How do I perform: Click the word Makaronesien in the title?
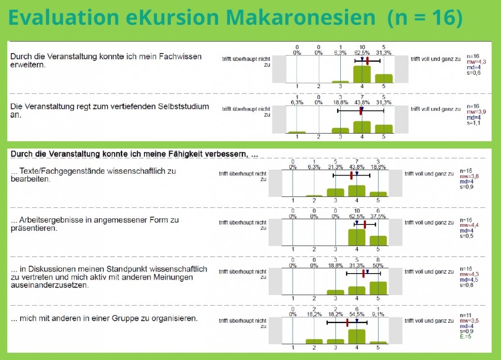pos(300,17)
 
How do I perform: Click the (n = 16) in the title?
pos(424,18)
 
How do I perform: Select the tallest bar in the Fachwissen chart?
pos(362,74)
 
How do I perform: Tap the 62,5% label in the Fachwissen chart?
pos(362,53)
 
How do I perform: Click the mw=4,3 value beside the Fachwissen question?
pos(476,62)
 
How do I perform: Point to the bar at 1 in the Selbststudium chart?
pos(297,132)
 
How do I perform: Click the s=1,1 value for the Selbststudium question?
pos(474,123)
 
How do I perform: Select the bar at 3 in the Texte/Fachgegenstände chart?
pos(335,192)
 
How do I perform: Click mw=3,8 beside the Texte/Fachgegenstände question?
pos(469,176)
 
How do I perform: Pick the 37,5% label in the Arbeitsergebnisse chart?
pos(378,216)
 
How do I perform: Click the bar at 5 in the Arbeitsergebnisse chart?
pos(378,241)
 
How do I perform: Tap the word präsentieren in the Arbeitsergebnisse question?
pos(34,229)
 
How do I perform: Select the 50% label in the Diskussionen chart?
pos(378,265)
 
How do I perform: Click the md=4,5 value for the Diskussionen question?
pos(469,280)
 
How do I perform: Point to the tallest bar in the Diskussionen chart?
pos(378,288)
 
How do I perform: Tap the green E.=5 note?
pos(465,337)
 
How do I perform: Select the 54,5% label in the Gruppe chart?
pos(357,314)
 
